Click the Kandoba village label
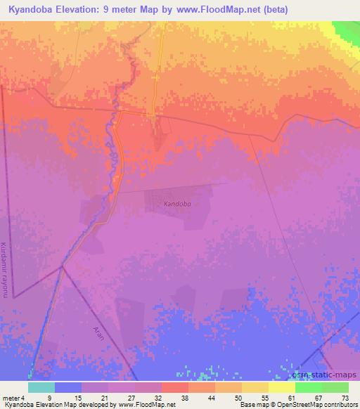177,204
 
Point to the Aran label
98,331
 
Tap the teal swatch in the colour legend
41,387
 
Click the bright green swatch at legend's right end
335,387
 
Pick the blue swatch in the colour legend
67,387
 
